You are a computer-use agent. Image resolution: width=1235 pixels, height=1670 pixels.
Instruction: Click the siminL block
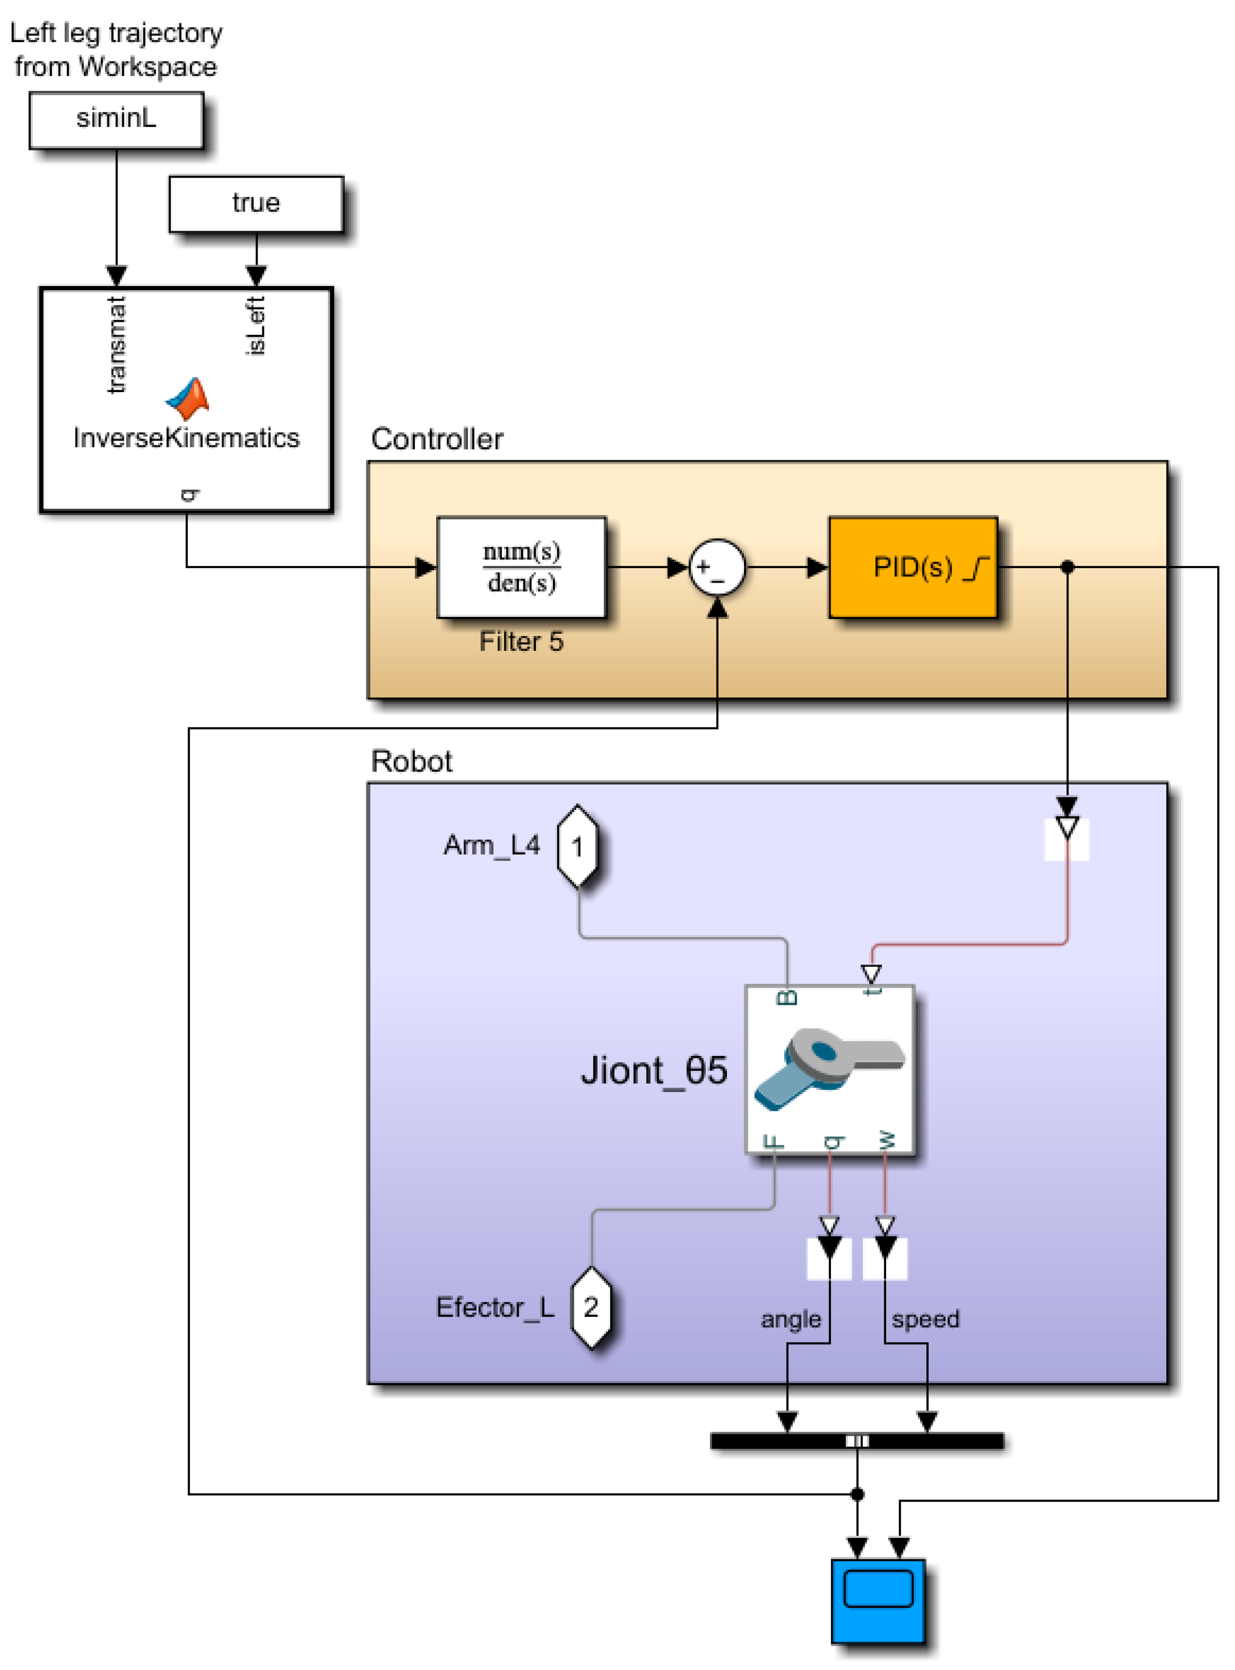(x=116, y=120)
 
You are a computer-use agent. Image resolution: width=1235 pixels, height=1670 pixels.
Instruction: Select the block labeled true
(x=256, y=203)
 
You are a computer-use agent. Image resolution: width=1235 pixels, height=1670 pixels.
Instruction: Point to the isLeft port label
(x=255, y=325)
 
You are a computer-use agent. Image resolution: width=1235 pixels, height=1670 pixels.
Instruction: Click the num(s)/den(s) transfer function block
(x=521, y=567)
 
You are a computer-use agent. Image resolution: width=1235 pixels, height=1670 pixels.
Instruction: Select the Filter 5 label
(x=521, y=642)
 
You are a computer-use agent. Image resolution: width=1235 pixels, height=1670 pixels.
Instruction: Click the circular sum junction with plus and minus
(x=716, y=567)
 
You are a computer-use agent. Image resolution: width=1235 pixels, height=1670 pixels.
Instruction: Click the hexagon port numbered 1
(x=577, y=846)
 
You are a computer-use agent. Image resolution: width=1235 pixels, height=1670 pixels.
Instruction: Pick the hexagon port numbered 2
(x=590, y=1307)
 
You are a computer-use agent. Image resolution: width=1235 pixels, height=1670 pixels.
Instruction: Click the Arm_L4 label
(x=491, y=845)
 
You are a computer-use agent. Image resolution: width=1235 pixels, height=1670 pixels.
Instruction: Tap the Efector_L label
(x=495, y=1307)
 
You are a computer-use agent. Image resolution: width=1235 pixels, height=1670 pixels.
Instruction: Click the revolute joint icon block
(x=829, y=1069)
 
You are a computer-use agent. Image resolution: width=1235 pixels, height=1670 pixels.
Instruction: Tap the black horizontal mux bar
(x=856, y=1440)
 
